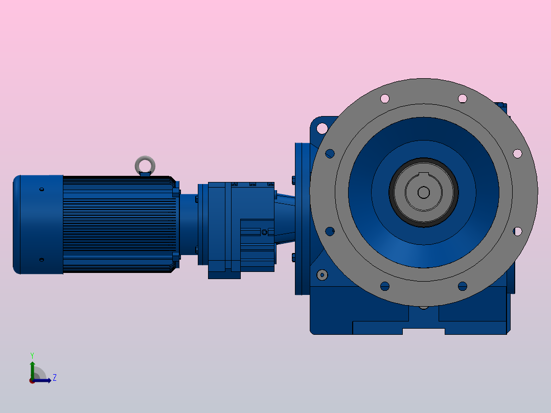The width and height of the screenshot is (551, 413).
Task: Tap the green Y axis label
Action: click(32, 356)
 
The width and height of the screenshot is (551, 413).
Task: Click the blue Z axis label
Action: click(55, 378)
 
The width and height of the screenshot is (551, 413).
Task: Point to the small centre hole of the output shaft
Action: click(423, 192)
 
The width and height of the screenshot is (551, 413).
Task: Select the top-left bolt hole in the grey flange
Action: click(385, 99)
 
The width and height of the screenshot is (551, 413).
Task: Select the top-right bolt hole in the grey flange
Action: click(463, 99)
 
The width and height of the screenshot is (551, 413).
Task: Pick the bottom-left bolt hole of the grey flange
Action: click(385, 286)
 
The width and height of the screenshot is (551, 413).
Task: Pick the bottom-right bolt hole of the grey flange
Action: click(463, 286)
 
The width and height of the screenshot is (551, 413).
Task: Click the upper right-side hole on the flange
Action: click(517, 154)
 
